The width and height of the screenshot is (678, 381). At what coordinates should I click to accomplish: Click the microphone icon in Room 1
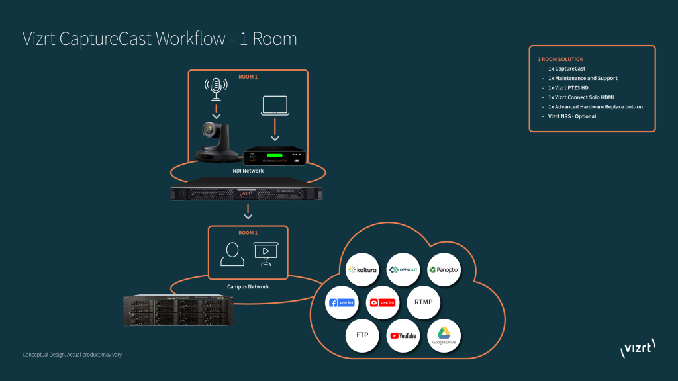215,87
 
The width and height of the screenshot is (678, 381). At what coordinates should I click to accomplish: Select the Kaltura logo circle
362,270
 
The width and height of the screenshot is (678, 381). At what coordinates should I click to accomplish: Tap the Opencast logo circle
403,269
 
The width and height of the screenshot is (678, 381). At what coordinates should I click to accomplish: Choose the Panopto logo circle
444,270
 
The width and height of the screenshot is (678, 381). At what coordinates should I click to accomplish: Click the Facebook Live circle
343,302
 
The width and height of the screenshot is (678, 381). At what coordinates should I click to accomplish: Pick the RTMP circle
423,302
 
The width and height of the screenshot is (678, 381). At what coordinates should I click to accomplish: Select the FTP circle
362,335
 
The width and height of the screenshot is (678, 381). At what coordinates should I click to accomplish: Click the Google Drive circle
444,335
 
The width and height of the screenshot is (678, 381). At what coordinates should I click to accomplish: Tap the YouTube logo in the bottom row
403,335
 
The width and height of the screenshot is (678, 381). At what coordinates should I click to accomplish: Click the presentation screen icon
266,253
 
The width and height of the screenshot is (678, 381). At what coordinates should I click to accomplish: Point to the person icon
232,253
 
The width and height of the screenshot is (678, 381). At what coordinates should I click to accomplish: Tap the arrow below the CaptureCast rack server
248,214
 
